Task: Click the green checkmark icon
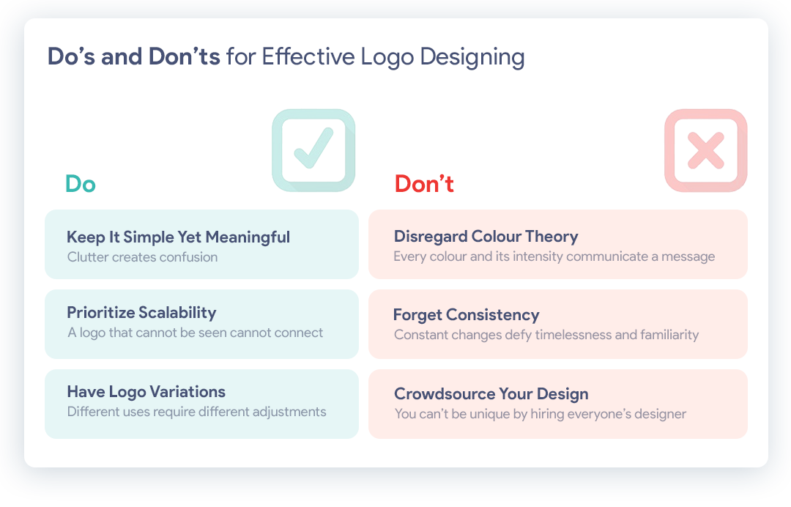[x=313, y=150]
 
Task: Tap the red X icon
[x=706, y=150]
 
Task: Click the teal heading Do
[x=81, y=184]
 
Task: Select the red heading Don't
[x=424, y=184]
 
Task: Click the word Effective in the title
[x=308, y=56]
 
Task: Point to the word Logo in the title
[x=387, y=57]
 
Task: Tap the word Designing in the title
[x=472, y=57]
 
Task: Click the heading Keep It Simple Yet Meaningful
[x=178, y=237]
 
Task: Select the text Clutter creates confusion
[x=142, y=257]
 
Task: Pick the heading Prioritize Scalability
[x=142, y=313]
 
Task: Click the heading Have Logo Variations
[x=146, y=392]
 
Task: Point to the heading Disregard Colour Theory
[x=486, y=237]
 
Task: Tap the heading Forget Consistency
[x=466, y=315]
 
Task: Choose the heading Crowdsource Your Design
[x=491, y=394]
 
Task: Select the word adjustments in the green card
[x=289, y=412]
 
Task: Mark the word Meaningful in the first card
[x=248, y=237]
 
